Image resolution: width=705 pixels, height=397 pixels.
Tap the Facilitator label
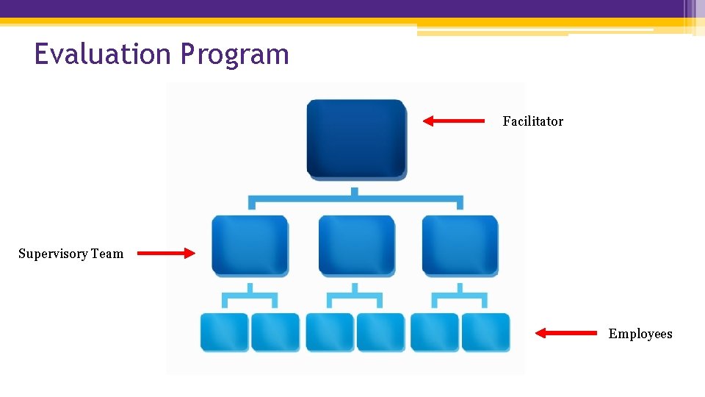point(532,121)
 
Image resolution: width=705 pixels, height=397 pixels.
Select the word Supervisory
point(53,254)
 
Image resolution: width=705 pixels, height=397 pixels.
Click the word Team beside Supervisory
point(107,254)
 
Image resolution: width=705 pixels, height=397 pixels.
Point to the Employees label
point(640,334)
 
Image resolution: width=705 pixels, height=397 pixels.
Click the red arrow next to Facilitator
point(454,121)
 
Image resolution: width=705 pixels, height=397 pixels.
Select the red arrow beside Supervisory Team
point(166,254)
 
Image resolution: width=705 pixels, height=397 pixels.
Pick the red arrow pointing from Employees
point(565,333)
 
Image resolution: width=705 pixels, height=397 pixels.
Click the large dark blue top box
point(356,139)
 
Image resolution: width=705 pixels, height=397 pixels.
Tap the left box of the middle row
point(250,246)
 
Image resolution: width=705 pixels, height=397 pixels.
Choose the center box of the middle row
point(356,246)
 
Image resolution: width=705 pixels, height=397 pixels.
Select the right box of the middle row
point(460,246)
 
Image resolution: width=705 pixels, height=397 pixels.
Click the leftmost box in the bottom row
point(225,332)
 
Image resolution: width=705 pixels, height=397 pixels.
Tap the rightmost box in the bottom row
point(485,332)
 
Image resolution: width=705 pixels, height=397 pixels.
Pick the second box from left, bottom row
point(275,332)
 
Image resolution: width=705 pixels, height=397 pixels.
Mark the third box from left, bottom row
point(330,332)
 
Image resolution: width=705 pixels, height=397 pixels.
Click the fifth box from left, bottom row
point(435,332)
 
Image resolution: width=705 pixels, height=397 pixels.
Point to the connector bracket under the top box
point(355,198)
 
